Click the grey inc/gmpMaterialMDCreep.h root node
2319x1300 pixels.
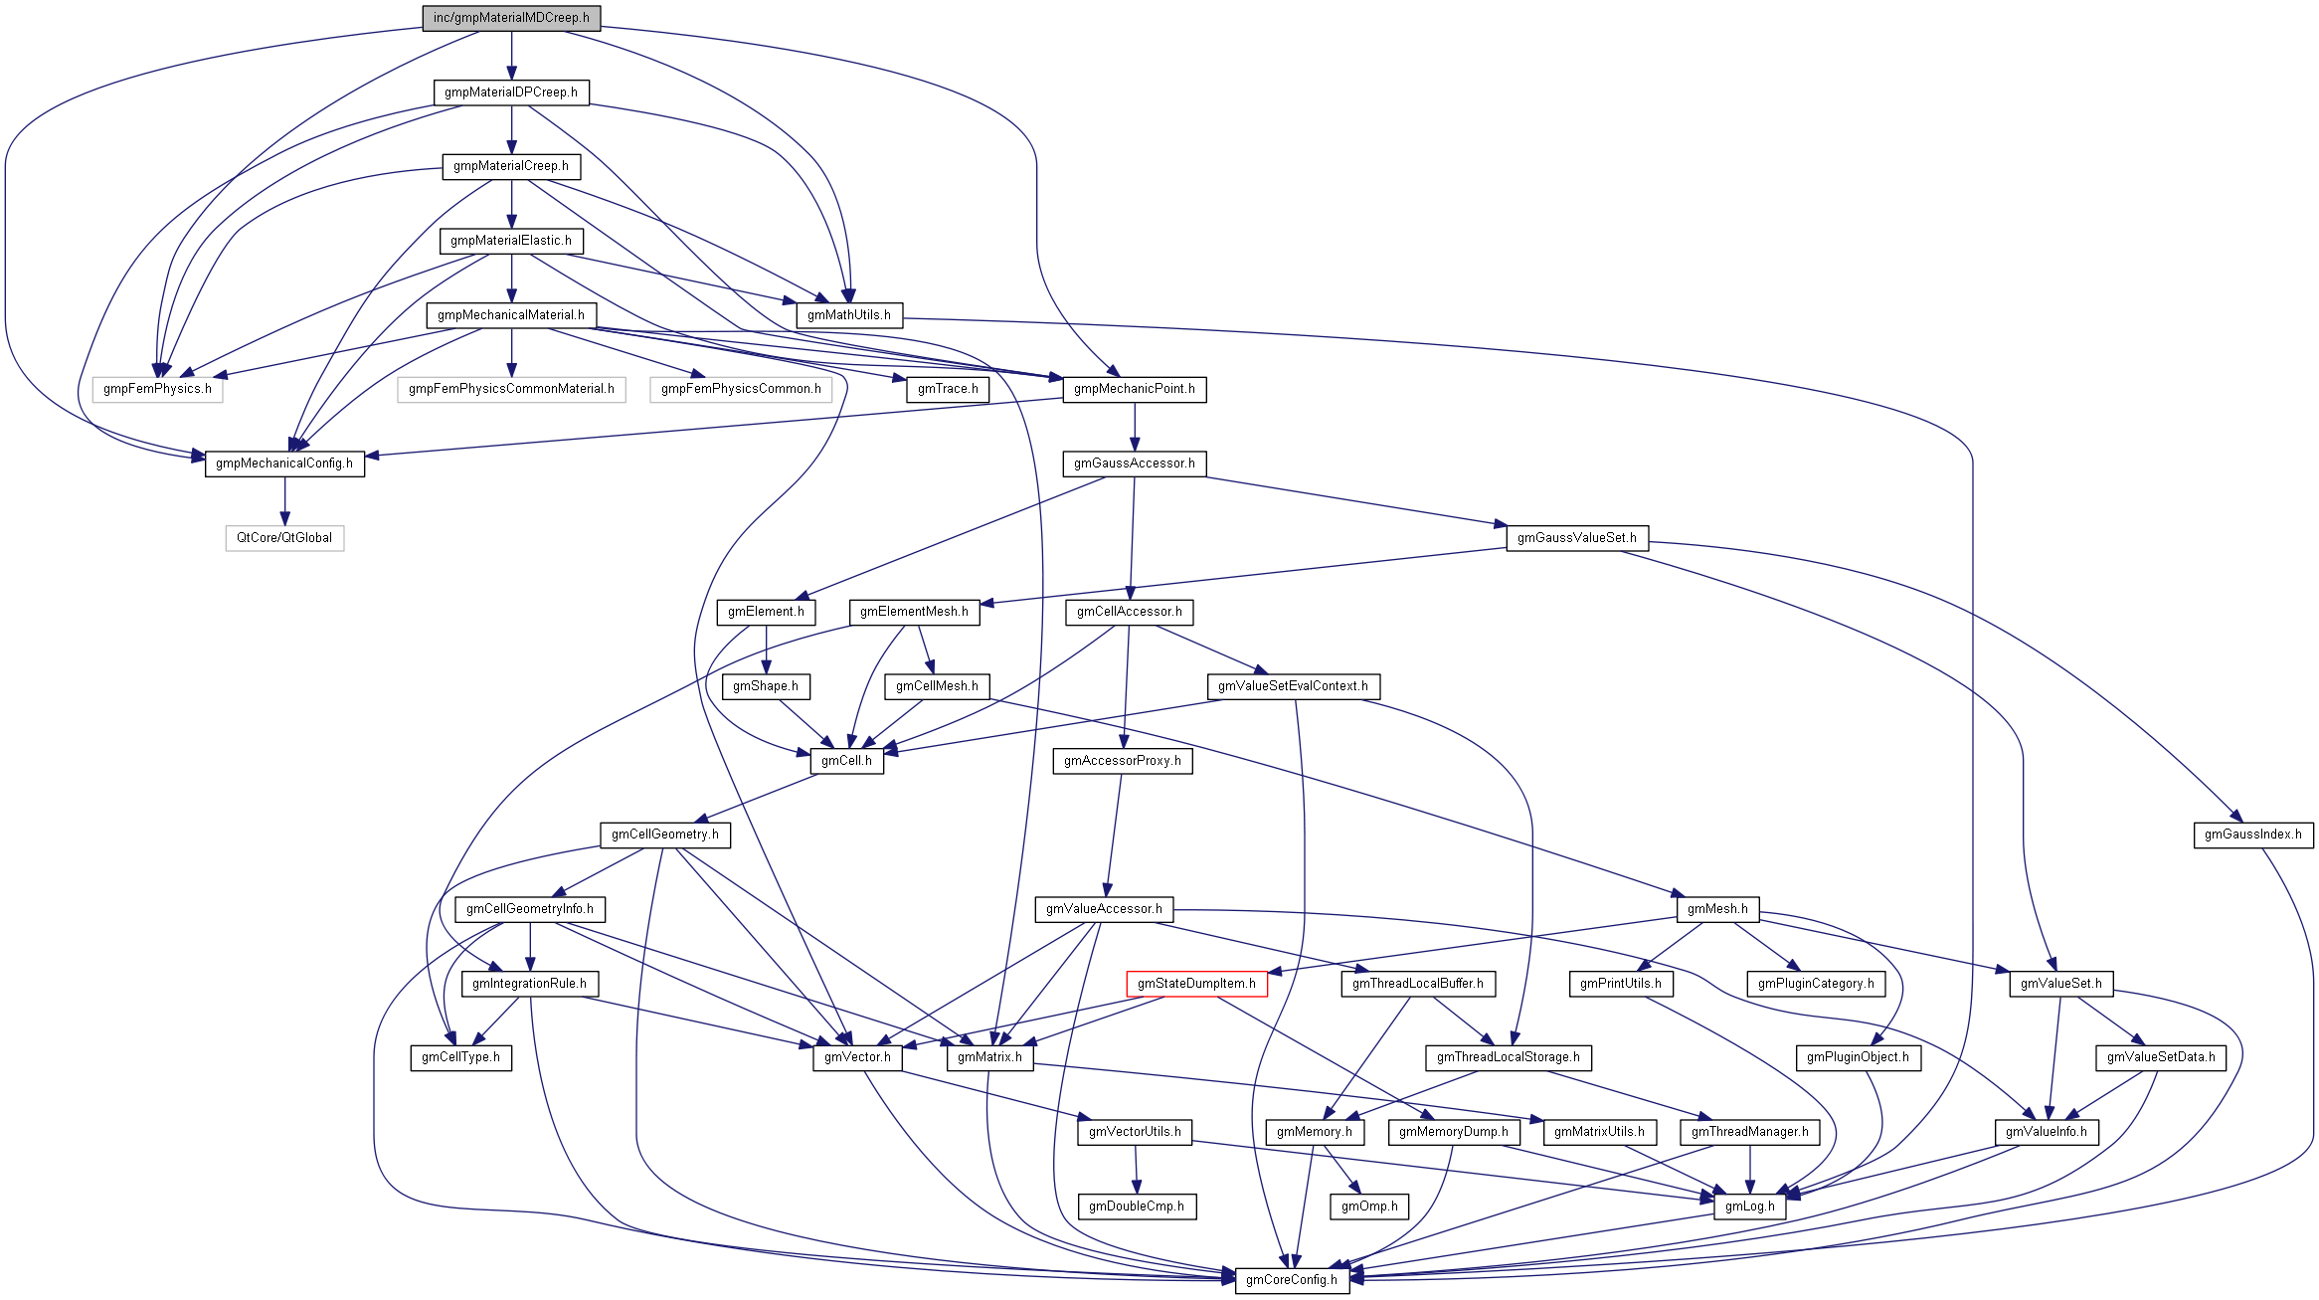[x=511, y=18]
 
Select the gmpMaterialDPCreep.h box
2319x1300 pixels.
[x=511, y=93]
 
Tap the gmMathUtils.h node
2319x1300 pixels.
[x=848, y=315]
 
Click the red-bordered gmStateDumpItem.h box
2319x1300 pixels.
[x=1196, y=984]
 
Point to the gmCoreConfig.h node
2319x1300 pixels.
[x=1291, y=1280]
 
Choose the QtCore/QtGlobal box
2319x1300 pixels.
[x=284, y=538]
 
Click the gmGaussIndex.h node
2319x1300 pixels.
[x=2252, y=835]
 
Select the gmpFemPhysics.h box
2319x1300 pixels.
[x=157, y=389]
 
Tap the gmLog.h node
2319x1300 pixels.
[x=1749, y=1207]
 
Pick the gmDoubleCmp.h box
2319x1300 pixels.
[x=1136, y=1207]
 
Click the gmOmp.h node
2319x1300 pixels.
[x=1368, y=1207]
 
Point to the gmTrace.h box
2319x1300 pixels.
[x=947, y=389]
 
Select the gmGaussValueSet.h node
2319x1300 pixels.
[x=1576, y=538]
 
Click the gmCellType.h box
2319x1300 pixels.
[x=460, y=1057]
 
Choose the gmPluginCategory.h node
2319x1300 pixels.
[x=1815, y=984]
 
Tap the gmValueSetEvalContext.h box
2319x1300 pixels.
[x=1293, y=686]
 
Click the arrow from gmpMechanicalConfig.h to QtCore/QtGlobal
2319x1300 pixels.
[x=284, y=501]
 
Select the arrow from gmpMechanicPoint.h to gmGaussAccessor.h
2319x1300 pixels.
[x=1135, y=427]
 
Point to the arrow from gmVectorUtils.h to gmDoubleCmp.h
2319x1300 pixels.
[x=1136, y=1170]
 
